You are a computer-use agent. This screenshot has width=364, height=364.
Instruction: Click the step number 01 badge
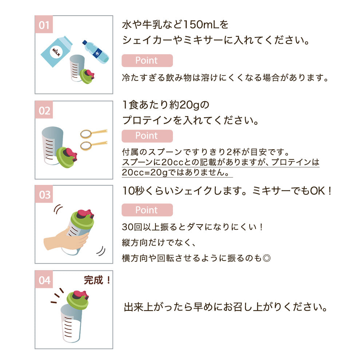(x=44, y=24)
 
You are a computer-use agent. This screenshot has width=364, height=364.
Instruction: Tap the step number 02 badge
(x=44, y=110)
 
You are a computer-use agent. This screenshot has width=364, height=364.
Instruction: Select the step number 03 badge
(x=44, y=194)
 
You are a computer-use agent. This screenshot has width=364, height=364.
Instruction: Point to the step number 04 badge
(x=44, y=280)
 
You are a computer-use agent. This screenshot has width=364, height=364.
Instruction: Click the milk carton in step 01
(x=56, y=52)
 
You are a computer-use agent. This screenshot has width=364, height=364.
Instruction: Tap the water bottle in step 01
(x=95, y=52)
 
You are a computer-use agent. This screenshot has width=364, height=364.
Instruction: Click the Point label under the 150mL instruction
(x=147, y=60)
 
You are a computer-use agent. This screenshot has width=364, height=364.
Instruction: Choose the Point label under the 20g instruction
(x=147, y=136)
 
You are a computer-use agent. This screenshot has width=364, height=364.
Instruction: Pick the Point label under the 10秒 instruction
(x=147, y=210)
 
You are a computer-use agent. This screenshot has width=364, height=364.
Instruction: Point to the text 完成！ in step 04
(x=98, y=280)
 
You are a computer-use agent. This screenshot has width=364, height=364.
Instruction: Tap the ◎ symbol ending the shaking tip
(x=266, y=258)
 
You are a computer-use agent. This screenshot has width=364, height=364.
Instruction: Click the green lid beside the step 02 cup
(x=67, y=157)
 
